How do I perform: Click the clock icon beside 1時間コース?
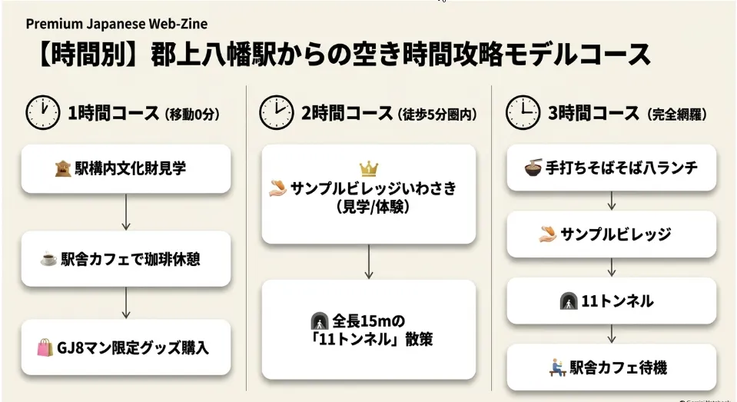tap(43, 113)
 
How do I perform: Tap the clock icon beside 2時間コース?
tap(277, 113)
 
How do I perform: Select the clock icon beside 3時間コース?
tap(523, 113)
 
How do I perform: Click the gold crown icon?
tap(369, 168)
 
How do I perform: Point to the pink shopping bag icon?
tap(45, 347)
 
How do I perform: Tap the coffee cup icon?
tap(48, 259)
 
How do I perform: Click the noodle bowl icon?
tap(533, 168)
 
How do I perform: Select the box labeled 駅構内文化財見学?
tap(126, 168)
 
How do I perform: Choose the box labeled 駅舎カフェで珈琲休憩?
tap(126, 258)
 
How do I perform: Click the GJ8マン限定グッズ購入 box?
tap(126, 347)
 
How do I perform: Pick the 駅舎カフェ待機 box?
tap(612, 367)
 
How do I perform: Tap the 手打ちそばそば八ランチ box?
tap(612, 168)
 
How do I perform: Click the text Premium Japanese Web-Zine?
tap(117, 24)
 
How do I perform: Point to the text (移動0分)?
tap(192, 115)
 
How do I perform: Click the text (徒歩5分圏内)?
tap(437, 115)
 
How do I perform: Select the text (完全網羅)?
tap(677, 115)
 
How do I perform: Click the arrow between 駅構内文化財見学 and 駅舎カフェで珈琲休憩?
tap(126, 212)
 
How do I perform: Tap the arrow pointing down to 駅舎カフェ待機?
tap(612, 334)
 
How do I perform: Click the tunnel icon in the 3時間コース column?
tap(569, 301)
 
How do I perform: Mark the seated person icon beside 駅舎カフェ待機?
tap(557, 367)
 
